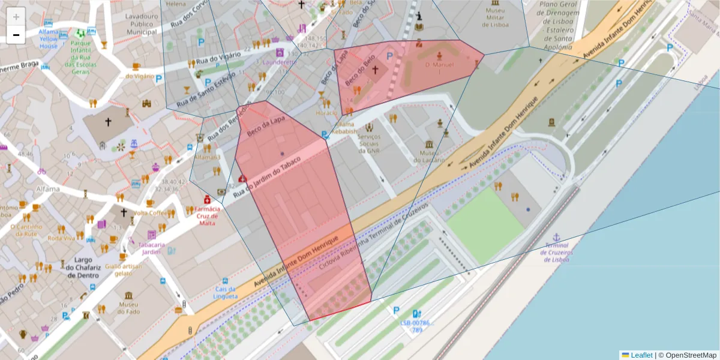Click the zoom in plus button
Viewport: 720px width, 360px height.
click(16, 17)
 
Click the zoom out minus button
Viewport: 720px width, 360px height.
click(16, 35)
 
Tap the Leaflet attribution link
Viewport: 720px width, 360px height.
click(641, 355)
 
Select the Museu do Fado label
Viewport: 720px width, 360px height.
click(128, 307)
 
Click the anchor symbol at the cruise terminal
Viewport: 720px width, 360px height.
click(556, 237)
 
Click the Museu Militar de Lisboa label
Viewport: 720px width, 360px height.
click(496, 18)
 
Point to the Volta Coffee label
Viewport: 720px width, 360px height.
click(150, 213)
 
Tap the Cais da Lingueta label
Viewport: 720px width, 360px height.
click(225, 292)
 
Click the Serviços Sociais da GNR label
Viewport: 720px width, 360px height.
click(369, 143)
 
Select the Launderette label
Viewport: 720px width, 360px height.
click(279, 62)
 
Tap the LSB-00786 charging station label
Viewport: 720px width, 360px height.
click(416, 326)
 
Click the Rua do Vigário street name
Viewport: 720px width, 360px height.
click(218, 58)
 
